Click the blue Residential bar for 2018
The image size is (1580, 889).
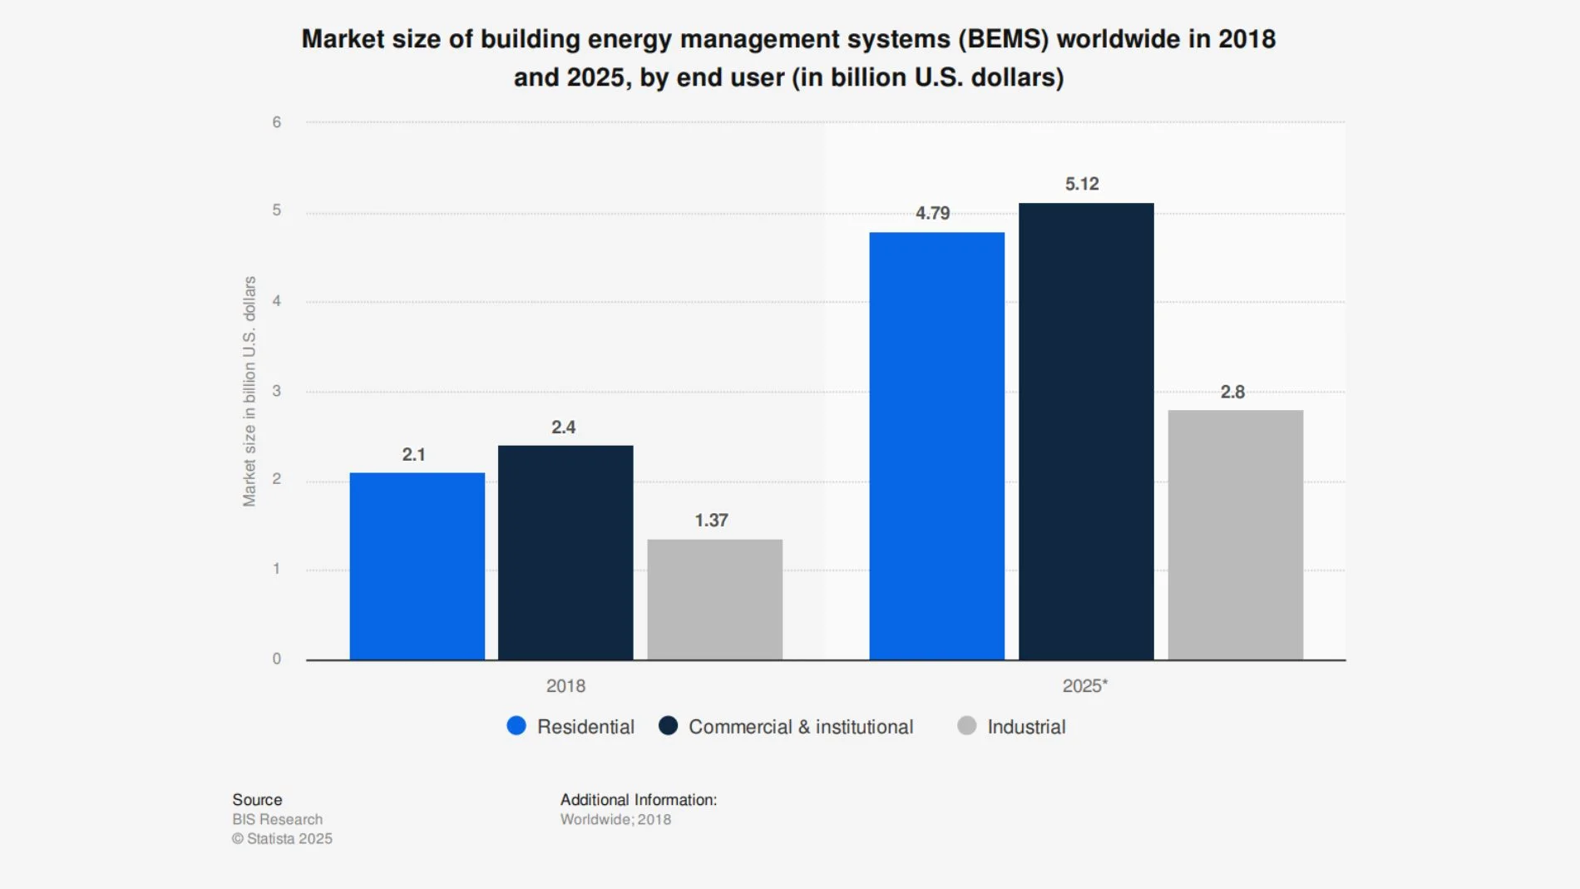pyautogui.click(x=417, y=566)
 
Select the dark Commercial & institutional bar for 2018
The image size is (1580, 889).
pyautogui.click(x=565, y=553)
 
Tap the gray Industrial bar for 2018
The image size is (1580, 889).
pyautogui.click(x=714, y=600)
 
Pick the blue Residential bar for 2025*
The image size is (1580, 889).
pyautogui.click(x=936, y=446)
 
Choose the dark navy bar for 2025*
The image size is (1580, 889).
pyautogui.click(x=1086, y=432)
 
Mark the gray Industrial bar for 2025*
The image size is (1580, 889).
pyautogui.click(x=1235, y=535)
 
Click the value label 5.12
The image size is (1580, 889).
pyautogui.click(x=1082, y=184)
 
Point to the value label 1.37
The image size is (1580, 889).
pyautogui.click(x=711, y=521)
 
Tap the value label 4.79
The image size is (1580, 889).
pyautogui.click(x=932, y=213)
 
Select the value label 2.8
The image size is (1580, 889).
pyautogui.click(x=1232, y=392)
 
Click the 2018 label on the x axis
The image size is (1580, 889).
pyautogui.click(x=565, y=686)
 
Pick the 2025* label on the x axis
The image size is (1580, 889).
pyautogui.click(x=1084, y=686)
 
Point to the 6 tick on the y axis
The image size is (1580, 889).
pyautogui.click(x=277, y=122)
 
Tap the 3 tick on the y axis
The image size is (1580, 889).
pyautogui.click(x=277, y=391)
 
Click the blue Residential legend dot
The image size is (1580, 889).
pyautogui.click(x=516, y=726)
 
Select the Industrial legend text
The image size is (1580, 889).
pyautogui.click(x=1026, y=727)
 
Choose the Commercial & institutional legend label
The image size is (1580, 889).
pyautogui.click(x=800, y=727)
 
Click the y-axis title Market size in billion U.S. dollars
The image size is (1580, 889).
pyautogui.click(x=249, y=391)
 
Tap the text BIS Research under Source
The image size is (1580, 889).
pyautogui.click(x=277, y=819)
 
